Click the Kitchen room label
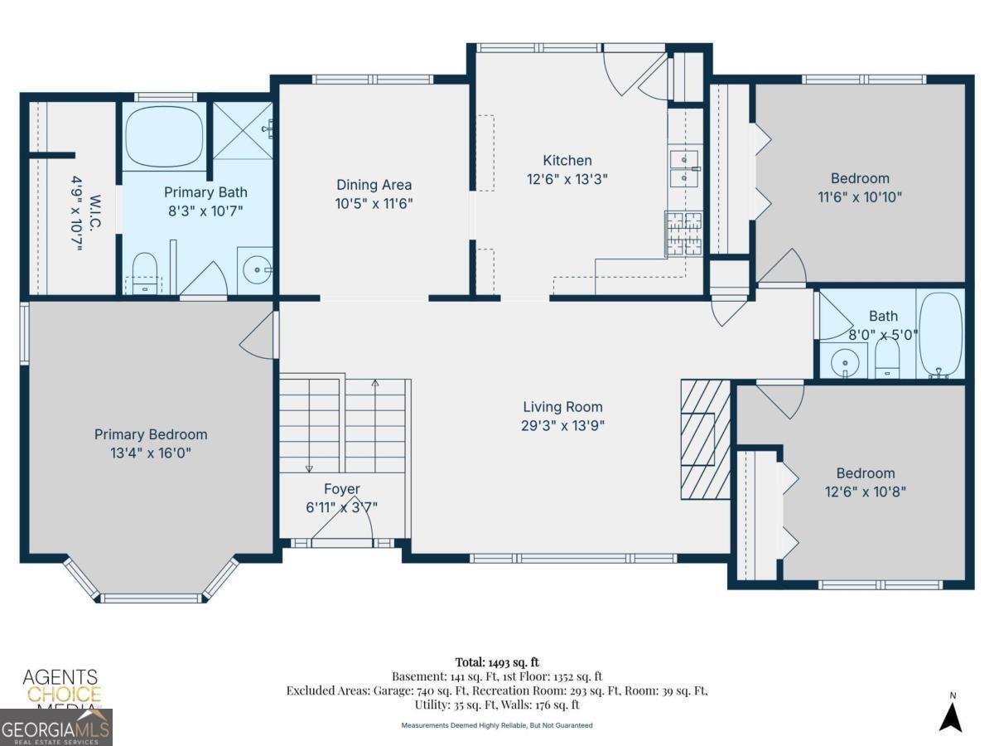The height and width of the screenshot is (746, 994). pos(567,161)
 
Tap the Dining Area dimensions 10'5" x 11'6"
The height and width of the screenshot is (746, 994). pos(374,202)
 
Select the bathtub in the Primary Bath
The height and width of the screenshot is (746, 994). pos(164,137)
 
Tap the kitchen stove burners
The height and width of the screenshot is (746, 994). pos(683,233)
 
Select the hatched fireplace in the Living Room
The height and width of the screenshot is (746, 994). pos(705,439)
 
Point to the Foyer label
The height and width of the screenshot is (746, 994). pos(341,489)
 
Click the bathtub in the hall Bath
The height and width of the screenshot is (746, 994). pos(940,334)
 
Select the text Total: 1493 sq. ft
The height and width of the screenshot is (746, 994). pos(497,661)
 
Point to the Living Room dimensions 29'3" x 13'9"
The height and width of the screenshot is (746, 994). pos(562,425)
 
